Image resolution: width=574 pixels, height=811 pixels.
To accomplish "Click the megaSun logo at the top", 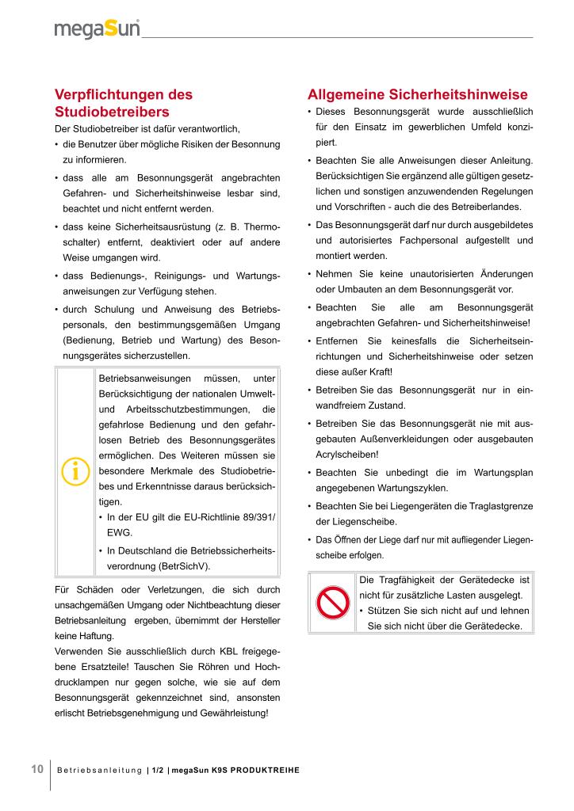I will click(97, 29).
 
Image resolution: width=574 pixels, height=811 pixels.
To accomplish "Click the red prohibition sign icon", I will click(333, 604).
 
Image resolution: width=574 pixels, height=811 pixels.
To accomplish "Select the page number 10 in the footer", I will click(37, 770).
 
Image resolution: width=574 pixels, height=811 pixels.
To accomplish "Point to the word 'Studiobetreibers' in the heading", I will click(111, 111).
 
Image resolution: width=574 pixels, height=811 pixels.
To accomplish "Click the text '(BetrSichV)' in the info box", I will click(186, 567).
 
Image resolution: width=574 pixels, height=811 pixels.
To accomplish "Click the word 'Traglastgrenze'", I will click(501, 505).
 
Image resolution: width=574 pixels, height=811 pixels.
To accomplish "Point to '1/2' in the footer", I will click(157, 771).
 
